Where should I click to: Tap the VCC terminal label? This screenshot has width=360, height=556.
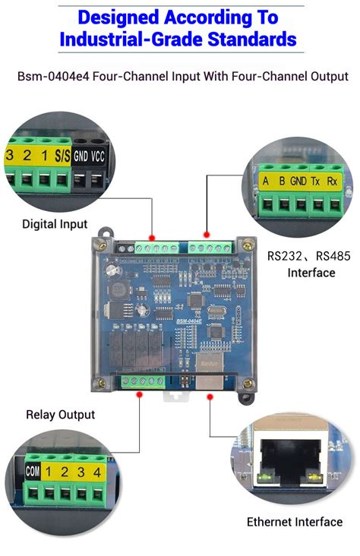(98, 156)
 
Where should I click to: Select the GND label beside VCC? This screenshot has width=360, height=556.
(81, 156)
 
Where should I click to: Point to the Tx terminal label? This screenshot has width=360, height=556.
(315, 182)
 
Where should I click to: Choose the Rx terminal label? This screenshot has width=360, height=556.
(333, 182)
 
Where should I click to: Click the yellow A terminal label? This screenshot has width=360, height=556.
(265, 182)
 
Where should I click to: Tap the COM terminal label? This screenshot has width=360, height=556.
(33, 472)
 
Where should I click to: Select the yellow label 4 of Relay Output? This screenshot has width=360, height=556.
(96, 472)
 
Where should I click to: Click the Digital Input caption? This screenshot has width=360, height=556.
(55, 224)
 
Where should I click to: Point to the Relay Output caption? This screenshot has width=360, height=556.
(61, 415)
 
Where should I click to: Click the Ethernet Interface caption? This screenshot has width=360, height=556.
(295, 522)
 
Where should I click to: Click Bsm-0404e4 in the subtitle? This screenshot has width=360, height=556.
(48, 76)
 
